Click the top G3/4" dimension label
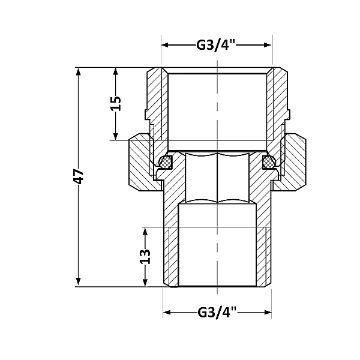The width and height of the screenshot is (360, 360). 217,45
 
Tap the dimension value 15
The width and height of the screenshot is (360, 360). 116,103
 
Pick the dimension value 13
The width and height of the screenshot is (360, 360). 145,256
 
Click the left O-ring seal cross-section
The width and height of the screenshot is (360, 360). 166,161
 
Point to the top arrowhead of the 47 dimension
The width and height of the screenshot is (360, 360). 79,70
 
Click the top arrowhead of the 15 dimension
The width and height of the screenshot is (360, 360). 116,70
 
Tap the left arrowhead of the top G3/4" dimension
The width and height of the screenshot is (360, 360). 166,45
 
